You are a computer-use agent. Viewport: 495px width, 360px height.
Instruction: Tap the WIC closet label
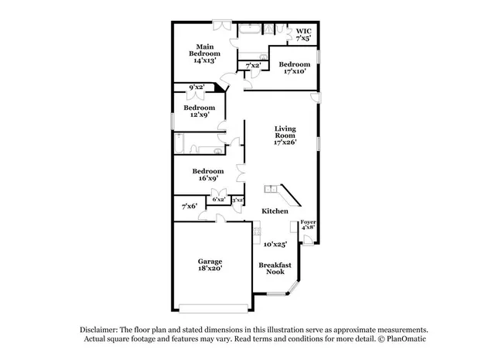point(303,31)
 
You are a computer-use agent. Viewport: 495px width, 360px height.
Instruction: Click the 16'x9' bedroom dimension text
point(208,179)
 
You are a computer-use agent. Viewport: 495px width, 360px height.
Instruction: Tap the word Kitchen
point(275,211)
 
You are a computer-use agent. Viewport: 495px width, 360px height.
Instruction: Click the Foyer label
point(308,222)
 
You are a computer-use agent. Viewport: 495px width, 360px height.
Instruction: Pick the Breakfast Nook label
point(275,268)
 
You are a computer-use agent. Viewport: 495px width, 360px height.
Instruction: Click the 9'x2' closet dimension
point(196,87)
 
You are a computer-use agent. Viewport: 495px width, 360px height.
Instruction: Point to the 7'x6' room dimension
point(189,206)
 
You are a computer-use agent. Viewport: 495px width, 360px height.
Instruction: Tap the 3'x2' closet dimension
point(237,200)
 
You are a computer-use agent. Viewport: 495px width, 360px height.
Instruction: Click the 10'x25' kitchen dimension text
point(275,245)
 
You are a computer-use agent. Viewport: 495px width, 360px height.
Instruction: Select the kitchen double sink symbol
point(271,188)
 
